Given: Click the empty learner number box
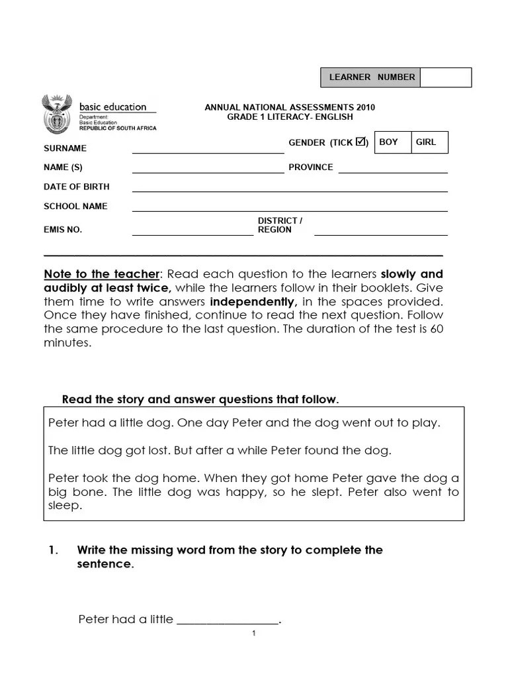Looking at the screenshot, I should pyautogui.click(x=445, y=77).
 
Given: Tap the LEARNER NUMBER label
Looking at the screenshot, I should pyautogui.click(x=372, y=77).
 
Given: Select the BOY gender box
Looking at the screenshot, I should pyautogui.click(x=392, y=142).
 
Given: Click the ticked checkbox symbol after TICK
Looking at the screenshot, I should pyautogui.click(x=360, y=141).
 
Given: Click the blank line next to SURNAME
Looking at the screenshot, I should pyautogui.click(x=208, y=152).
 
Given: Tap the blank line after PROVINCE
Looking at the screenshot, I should pyautogui.click(x=393, y=171).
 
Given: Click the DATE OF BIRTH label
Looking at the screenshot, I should pyautogui.click(x=77, y=187).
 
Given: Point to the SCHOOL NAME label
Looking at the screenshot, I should pyautogui.click(x=75, y=206).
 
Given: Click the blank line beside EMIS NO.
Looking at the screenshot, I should pyautogui.click(x=192, y=234).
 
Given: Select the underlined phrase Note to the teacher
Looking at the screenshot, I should pyautogui.click(x=101, y=274).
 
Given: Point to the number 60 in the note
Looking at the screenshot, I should pyautogui.click(x=437, y=328).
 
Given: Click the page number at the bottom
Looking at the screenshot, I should pyautogui.click(x=253, y=634).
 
